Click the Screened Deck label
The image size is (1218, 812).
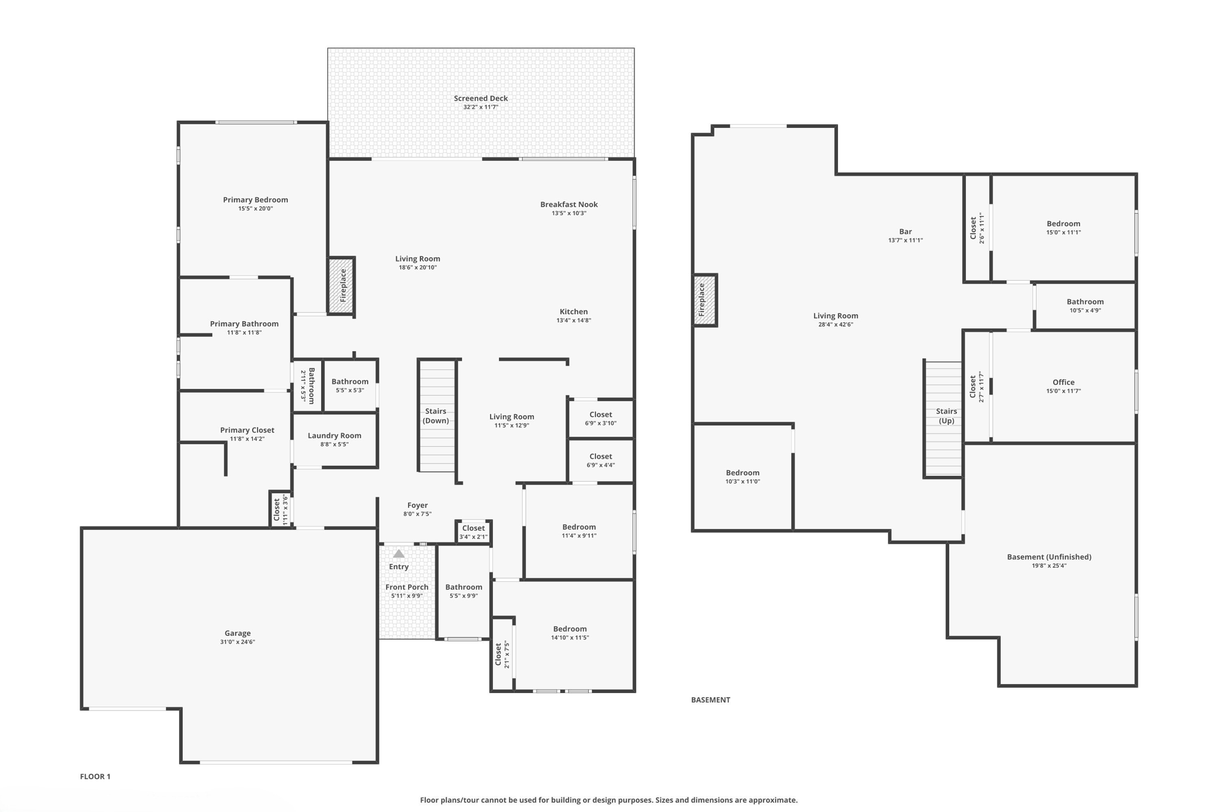click(x=481, y=99)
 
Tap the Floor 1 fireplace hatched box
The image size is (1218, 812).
click(x=342, y=286)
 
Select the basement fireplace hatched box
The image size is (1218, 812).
click(x=705, y=300)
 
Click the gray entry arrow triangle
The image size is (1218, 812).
click(x=398, y=554)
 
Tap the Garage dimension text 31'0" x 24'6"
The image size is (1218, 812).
click(x=237, y=642)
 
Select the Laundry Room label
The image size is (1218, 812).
click(x=334, y=435)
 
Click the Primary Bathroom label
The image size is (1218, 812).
click(x=244, y=324)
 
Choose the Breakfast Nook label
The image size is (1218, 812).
click(x=569, y=204)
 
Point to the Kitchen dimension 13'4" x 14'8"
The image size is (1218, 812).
click(x=573, y=321)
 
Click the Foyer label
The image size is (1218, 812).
click(x=417, y=505)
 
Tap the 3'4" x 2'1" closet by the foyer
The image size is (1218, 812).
click(x=473, y=532)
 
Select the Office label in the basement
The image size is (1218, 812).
click(x=1063, y=383)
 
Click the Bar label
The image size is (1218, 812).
click(x=905, y=231)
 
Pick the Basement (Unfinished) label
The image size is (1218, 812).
click(x=1049, y=557)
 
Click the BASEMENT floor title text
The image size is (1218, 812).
click(x=710, y=700)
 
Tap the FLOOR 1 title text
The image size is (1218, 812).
click(x=95, y=776)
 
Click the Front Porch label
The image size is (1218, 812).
click(x=407, y=587)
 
